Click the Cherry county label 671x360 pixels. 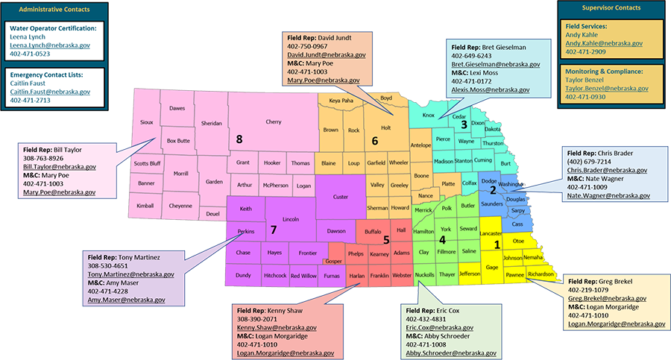pyautogui.click(x=273, y=121)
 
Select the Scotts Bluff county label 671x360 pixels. pyautogui.click(x=148, y=164)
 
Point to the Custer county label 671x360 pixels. pyautogui.click(x=340, y=197)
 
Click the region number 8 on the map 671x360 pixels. pyautogui.click(x=239, y=139)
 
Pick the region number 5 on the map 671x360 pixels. pyautogui.click(x=386, y=239)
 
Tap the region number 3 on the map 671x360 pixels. pyautogui.click(x=464, y=125)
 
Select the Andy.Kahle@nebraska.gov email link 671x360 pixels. pyautogui.click(x=604, y=43)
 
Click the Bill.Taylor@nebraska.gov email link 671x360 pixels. pyautogui.click(x=60, y=168)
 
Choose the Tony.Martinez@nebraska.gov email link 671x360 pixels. pyautogui.click(x=130, y=274)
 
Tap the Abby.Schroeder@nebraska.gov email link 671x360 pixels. pyautogui.click(x=451, y=353)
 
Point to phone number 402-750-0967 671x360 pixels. pyautogui.click(x=308, y=45)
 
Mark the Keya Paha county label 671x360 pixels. pyautogui.click(x=341, y=100)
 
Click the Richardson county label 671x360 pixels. pyautogui.click(x=541, y=274)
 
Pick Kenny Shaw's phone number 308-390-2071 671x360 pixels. pyautogui.click(x=258, y=318)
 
